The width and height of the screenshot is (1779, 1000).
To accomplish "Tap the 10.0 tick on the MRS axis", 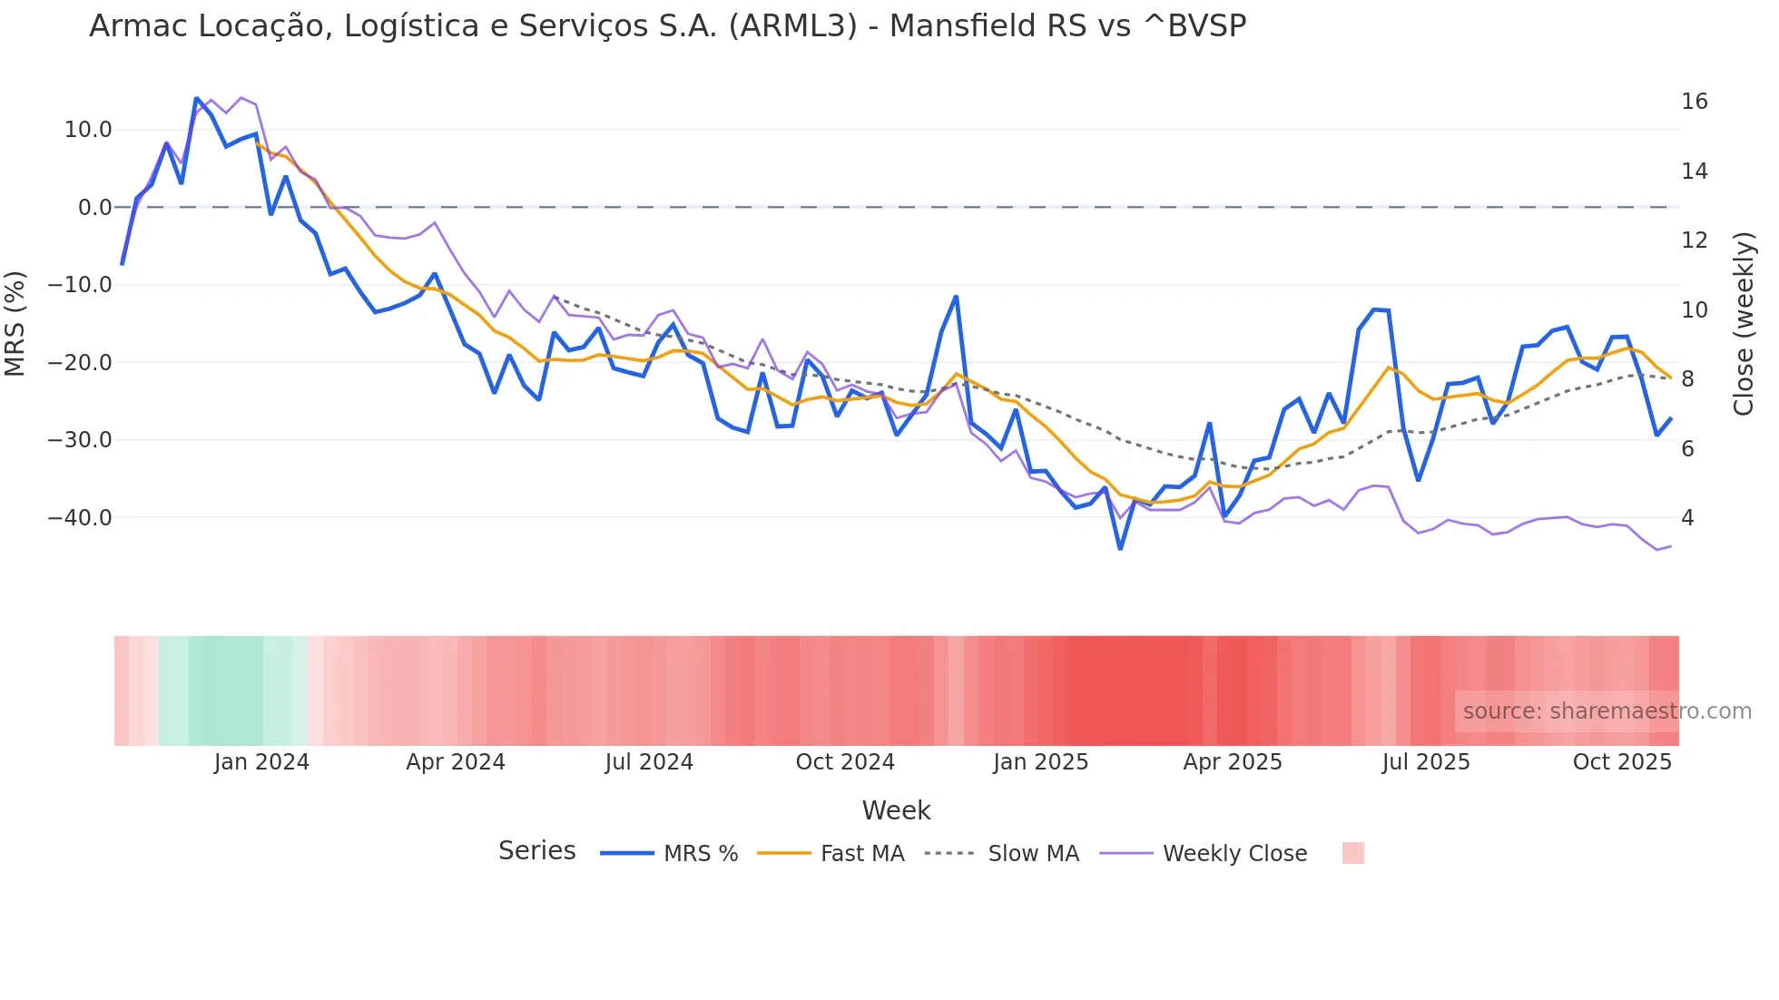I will (x=88, y=130).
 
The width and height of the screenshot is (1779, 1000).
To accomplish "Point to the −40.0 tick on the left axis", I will (x=80, y=518).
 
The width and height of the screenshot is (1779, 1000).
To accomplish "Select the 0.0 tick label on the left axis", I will (x=94, y=208).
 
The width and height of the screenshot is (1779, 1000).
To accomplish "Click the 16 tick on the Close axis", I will (x=1694, y=102).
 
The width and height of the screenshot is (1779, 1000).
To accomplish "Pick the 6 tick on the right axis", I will (x=1687, y=449).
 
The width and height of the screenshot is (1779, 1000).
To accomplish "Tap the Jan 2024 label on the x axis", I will (x=261, y=762).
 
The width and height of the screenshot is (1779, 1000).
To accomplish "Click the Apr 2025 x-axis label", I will (x=1232, y=762).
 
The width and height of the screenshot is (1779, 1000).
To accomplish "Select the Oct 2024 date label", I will (x=845, y=762).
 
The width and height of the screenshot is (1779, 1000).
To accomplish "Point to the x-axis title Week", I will (x=896, y=810).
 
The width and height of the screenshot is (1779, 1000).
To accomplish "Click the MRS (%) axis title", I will (x=15, y=323).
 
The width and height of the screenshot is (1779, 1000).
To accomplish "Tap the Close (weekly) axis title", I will (x=1743, y=324).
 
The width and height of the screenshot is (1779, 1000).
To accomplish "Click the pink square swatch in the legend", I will (x=1352, y=853).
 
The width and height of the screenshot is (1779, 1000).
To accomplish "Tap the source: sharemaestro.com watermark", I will (x=1607, y=711).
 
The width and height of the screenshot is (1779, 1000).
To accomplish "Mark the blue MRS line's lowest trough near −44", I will (x=1120, y=548).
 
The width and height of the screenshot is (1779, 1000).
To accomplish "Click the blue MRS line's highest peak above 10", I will (x=196, y=98).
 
